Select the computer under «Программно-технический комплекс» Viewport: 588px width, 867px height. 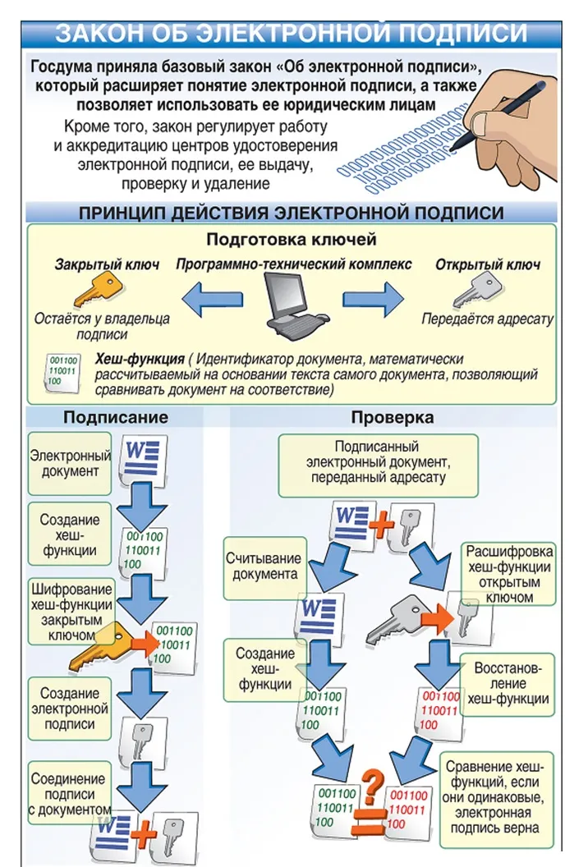[296, 304]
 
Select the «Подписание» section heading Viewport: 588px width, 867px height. [116, 417]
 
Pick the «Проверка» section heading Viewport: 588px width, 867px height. [393, 417]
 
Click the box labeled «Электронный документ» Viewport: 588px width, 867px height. [70, 463]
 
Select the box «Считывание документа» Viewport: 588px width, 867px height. [264, 566]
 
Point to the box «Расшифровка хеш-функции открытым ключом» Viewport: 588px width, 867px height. [509, 573]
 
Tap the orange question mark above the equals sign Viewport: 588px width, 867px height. [374, 779]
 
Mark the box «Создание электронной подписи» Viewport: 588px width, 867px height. [70, 708]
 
